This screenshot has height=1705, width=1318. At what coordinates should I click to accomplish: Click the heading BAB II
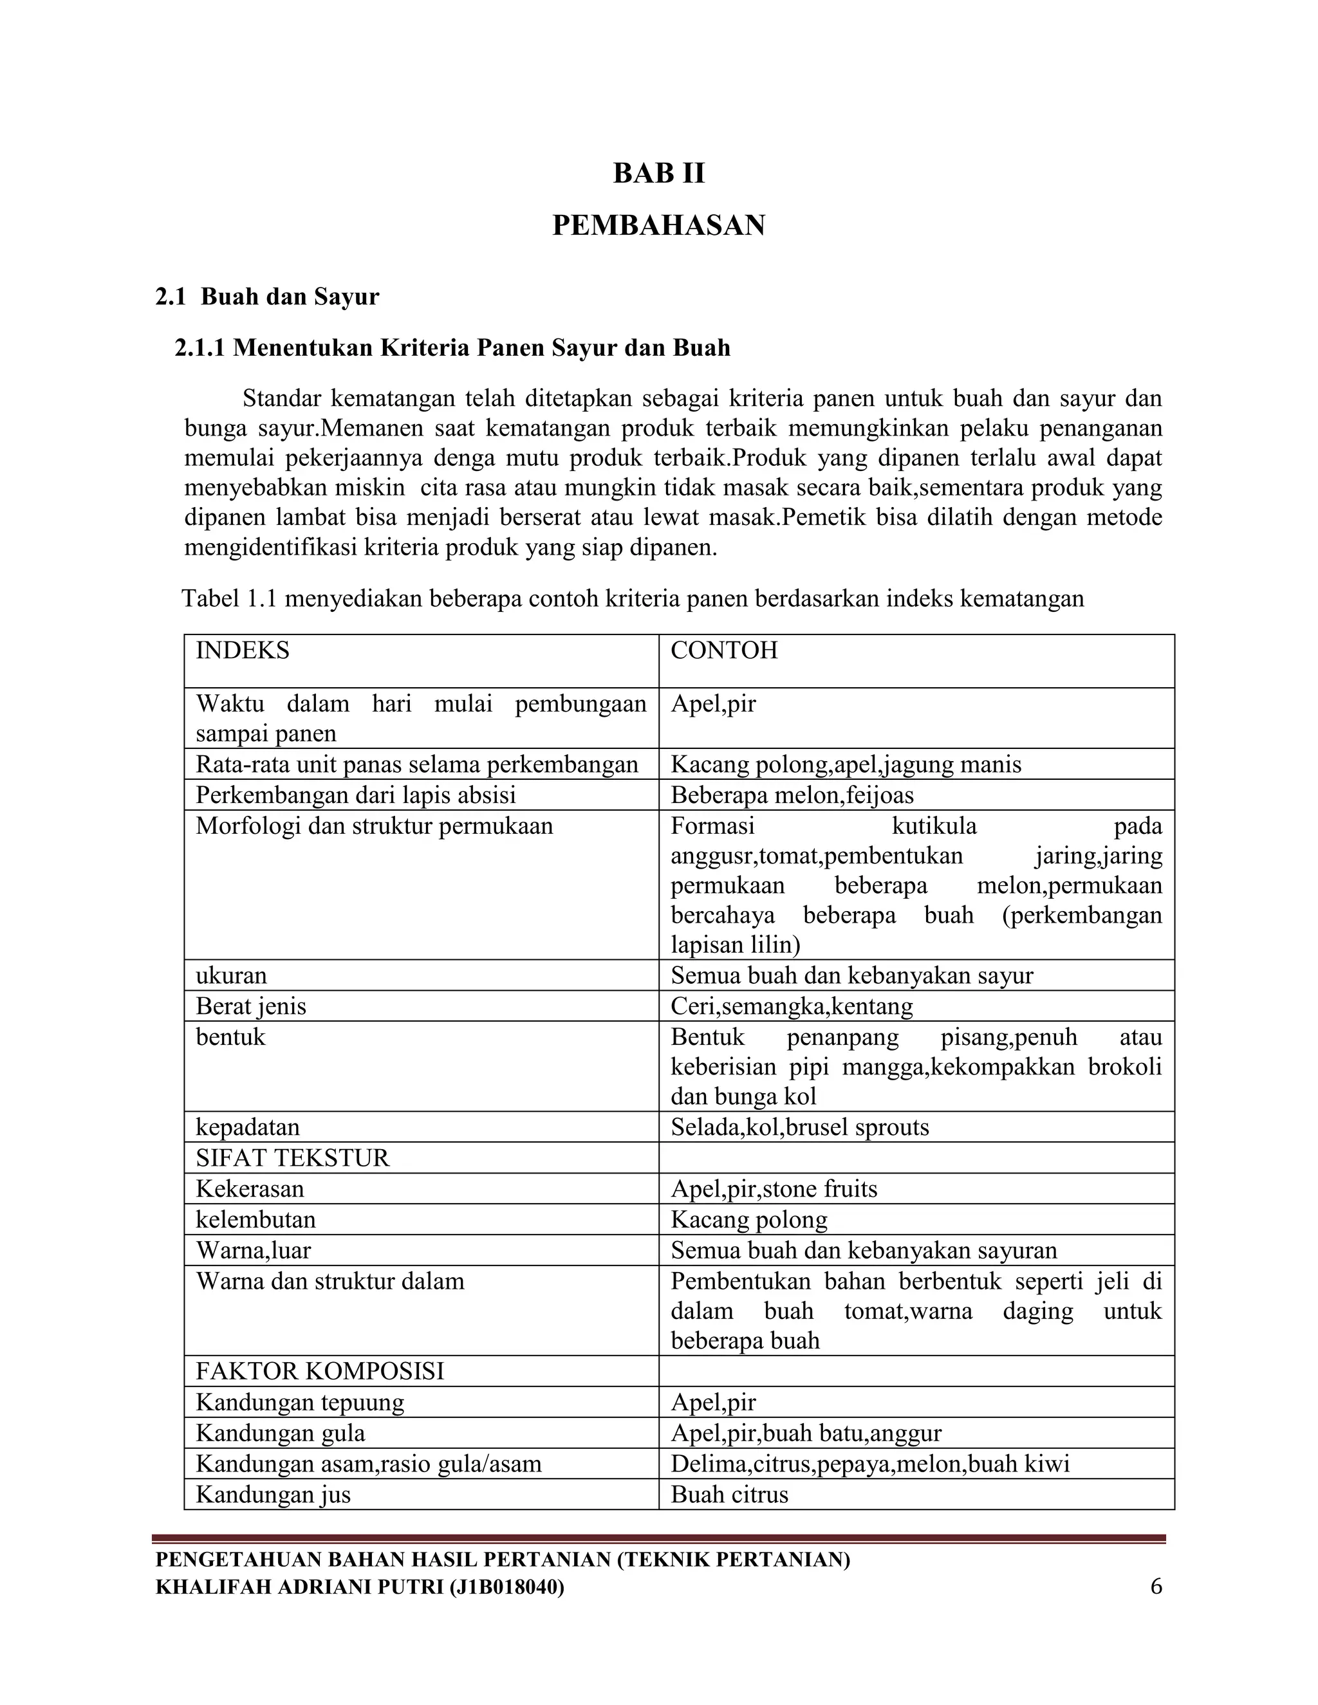[658, 172]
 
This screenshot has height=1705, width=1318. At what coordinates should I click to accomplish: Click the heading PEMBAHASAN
[658, 226]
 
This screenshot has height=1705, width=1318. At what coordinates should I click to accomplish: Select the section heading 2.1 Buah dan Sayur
[267, 297]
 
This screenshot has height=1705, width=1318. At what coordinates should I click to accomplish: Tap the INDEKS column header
[242, 650]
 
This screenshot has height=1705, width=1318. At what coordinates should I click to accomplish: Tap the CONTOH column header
[724, 650]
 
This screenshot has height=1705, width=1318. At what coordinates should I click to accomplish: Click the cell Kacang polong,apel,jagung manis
[846, 764]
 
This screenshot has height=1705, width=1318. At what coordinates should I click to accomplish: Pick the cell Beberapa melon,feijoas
[792, 795]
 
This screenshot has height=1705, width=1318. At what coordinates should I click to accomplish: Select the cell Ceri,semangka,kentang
[792, 1006]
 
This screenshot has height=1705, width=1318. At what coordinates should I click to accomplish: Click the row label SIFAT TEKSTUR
[292, 1157]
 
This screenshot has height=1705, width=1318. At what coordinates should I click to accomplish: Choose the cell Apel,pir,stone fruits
[774, 1189]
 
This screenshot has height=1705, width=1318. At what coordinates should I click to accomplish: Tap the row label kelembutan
[255, 1219]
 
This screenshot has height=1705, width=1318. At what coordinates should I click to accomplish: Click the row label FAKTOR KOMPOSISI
[319, 1371]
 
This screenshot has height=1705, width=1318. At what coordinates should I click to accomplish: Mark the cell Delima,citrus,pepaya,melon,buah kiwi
[870, 1463]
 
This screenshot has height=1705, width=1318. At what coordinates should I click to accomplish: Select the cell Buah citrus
[729, 1494]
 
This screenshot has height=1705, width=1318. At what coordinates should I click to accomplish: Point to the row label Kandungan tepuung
[300, 1402]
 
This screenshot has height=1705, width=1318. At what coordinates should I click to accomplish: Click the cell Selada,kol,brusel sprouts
[799, 1127]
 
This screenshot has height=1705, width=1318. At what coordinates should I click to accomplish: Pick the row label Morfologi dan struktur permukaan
[374, 826]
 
